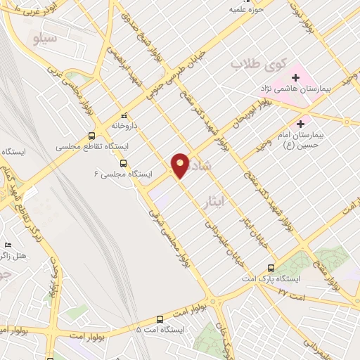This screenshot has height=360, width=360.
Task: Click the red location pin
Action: pos(180,165)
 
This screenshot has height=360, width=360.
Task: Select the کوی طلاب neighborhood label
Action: pos(257,65)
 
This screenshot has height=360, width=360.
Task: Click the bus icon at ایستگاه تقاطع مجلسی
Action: pos(92,136)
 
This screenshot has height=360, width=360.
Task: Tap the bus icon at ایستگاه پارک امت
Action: pos(272,268)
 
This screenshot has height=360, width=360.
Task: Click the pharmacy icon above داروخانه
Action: pos(124,115)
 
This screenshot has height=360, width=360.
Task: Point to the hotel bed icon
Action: pos(8,245)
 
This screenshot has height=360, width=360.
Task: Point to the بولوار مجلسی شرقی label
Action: pos(169,236)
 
